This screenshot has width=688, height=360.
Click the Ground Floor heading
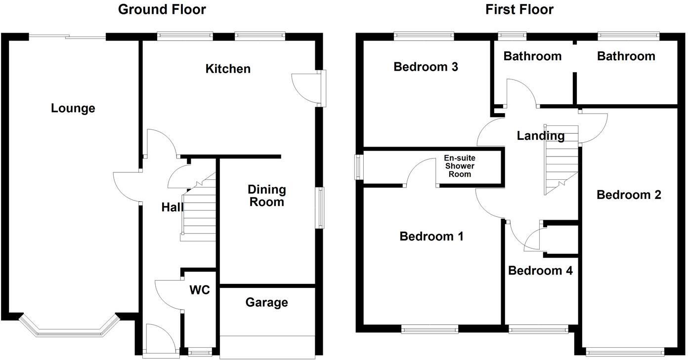(162, 9)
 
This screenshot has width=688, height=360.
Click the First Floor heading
(519, 9)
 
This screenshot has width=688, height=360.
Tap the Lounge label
(73, 108)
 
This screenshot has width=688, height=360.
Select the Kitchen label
(228, 69)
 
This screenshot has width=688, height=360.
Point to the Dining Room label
(266, 196)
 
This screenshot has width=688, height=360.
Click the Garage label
(266, 302)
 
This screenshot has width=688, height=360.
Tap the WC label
(200, 290)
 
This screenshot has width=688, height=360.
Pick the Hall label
(172, 208)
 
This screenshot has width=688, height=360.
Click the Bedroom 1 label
(431, 237)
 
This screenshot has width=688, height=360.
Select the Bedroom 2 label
(629, 195)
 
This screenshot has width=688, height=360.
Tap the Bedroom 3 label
(426, 67)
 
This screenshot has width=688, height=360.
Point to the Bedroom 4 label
(540, 271)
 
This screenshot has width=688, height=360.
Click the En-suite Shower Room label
(460, 166)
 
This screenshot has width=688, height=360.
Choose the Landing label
(540, 136)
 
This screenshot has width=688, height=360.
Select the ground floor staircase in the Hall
(199, 212)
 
